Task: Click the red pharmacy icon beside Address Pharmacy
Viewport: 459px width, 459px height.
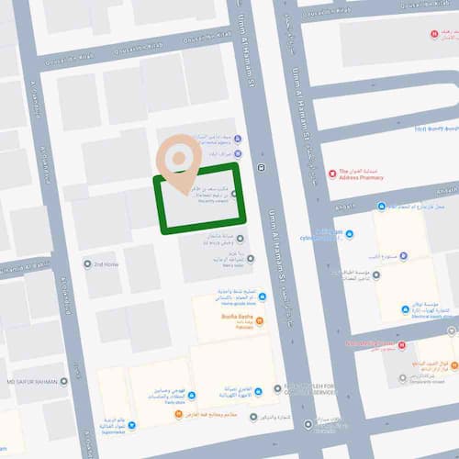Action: [332, 173]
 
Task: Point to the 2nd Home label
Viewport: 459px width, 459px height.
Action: [107, 264]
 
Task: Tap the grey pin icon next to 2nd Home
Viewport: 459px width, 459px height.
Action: [87, 264]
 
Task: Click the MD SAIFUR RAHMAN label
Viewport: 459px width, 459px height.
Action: [33, 381]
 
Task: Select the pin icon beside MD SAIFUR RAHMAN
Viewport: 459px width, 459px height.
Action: [64, 381]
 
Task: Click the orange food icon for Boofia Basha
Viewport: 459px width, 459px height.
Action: [260, 320]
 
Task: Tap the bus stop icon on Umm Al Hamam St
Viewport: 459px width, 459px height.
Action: [263, 167]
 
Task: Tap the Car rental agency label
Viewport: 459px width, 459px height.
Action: [212, 143]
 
